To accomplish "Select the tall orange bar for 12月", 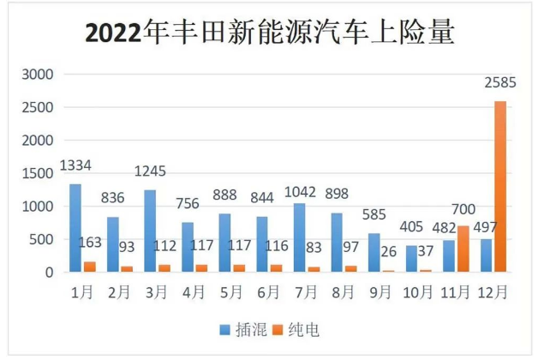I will (499, 187).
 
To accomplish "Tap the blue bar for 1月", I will (75, 228).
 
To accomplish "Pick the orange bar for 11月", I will (463, 249).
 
